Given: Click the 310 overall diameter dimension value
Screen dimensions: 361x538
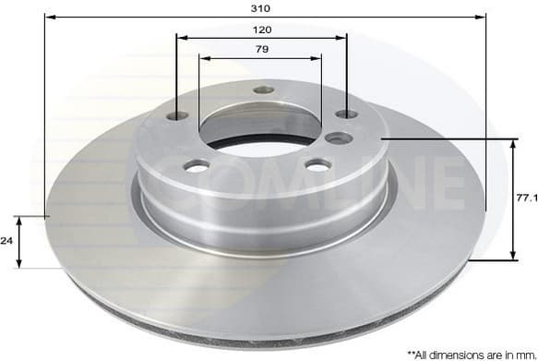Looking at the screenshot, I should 261,7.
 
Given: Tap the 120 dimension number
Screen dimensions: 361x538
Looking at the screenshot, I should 261,29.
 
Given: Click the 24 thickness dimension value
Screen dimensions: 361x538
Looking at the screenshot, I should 6,240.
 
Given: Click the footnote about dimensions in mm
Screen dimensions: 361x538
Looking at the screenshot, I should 472,353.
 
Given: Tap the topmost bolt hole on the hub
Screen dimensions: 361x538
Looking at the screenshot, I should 264,90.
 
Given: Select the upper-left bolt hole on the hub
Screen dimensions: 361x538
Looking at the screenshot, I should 177,115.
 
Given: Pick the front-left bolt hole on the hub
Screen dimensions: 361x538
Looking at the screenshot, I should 197,165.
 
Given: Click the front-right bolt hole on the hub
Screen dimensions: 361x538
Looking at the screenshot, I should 317,164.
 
